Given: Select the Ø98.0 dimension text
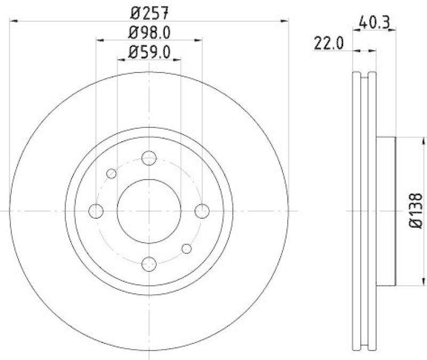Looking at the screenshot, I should [149, 33].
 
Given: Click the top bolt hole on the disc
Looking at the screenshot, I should [149, 158].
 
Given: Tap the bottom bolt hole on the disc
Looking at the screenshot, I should [149, 263].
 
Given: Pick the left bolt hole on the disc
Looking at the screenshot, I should [96, 211].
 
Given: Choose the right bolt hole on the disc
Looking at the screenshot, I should [201, 211].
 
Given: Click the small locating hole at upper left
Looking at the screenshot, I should [112, 173].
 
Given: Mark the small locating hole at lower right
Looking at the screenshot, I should [186, 249].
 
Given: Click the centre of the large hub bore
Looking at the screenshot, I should [149, 211].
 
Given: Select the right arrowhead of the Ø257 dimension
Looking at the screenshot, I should [285, 21].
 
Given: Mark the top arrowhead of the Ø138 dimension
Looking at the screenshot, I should [417, 140].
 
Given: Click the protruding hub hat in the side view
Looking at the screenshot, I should [386, 211].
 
